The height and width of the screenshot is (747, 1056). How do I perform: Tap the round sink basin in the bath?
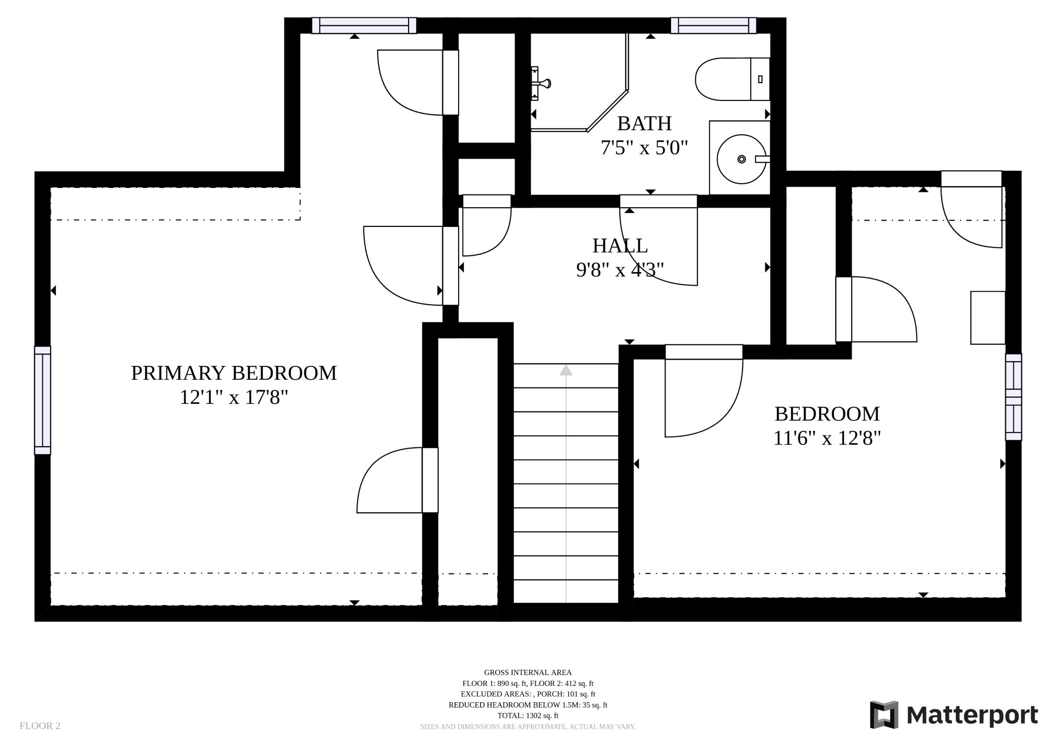[741, 159]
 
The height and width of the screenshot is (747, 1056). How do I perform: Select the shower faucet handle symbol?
[543, 84]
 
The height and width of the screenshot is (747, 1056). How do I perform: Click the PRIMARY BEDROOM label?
[234, 373]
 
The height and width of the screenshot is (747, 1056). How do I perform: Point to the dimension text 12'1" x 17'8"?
[234, 398]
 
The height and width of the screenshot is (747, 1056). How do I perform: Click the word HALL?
[620, 246]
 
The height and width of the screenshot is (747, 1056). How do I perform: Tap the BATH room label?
[644, 124]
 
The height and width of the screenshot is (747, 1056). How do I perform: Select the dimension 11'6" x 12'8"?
[827, 438]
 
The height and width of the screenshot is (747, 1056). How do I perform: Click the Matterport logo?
[954, 715]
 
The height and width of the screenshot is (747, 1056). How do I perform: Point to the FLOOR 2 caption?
[40, 726]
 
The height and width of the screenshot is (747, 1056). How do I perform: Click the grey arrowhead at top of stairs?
[566, 370]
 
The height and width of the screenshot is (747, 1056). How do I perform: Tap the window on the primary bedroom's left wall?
[42, 400]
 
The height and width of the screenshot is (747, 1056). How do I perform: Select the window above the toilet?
[713, 25]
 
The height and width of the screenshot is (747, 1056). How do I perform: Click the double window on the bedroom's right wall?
[1013, 397]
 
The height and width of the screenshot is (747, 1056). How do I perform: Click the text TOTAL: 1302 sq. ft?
[528, 715]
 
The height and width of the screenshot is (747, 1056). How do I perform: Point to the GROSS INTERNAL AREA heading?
[528, 672]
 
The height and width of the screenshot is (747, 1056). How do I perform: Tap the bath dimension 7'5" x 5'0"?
[644, 148]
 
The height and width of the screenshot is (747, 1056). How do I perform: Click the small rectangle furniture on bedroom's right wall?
[988, 318]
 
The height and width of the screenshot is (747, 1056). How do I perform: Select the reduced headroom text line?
[528, 705]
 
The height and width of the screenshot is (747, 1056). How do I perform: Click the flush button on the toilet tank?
[760, 79]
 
